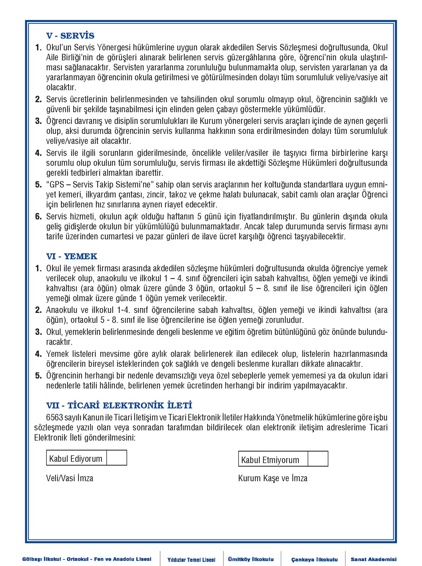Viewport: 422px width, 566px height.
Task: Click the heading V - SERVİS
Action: click(x=70, y=36)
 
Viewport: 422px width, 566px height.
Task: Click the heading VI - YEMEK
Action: click(x=72, y=256)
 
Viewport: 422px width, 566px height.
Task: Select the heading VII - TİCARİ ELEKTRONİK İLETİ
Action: click(x=119, y=405)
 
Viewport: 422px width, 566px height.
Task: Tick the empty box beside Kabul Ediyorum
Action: click(x=117, y=458)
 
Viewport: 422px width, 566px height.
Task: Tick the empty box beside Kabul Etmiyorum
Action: click(x=318, y=459)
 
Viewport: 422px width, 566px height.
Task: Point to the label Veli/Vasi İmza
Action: click(x=70, y=478)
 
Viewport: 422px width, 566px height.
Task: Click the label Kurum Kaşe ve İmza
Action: click(x=273, y=478)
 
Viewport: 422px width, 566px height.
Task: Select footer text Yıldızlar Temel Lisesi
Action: click(x=191, y=560)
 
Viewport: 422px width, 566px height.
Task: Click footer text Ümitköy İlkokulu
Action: click(x=251, y=559)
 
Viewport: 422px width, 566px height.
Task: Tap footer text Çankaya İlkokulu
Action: click(x=314, y=559)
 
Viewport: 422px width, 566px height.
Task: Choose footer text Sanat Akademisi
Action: click(x=373, y=559)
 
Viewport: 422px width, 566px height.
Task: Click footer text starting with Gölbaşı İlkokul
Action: click(x=87, y=559)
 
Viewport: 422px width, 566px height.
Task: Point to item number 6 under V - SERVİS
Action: click(x=38, y=217)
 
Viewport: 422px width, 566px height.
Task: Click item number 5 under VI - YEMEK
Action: click(x=38, y=376)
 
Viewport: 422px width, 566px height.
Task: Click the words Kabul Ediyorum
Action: click(x=76, y=459)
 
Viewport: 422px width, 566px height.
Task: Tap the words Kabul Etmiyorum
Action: click(x=270, y=460)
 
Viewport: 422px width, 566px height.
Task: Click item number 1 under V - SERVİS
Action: click(x=38, y=48)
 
